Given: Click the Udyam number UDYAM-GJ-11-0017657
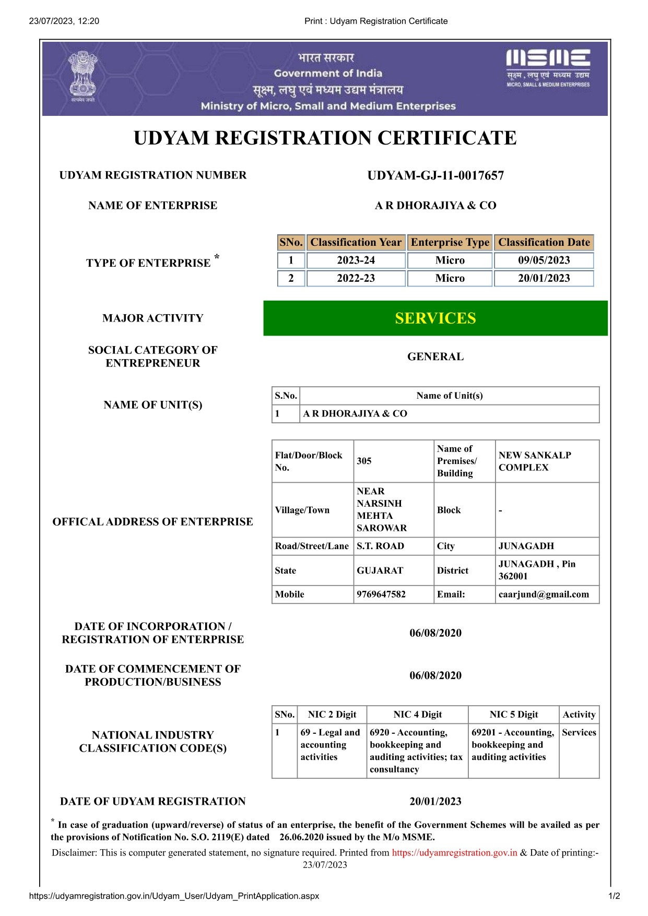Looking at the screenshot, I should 435,175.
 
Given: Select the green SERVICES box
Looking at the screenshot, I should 435,318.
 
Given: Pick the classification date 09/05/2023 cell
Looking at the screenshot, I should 544,260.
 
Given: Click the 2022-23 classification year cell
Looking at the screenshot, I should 356,278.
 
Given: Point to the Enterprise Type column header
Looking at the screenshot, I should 450,242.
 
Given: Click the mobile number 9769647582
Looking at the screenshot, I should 381,594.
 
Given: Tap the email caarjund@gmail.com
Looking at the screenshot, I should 544,594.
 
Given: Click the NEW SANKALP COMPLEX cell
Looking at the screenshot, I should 535,461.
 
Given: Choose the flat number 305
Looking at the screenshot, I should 364,461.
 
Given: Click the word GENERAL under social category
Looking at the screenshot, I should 435,356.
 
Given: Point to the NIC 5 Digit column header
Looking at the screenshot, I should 513,715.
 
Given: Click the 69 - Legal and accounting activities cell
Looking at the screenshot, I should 330,745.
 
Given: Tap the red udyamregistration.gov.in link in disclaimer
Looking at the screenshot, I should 454,852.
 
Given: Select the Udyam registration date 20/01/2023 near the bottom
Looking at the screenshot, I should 435,801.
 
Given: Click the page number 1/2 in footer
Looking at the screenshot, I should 614,896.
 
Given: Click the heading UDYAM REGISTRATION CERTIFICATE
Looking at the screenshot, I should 325,138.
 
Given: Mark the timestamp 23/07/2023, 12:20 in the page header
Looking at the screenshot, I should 64,21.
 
